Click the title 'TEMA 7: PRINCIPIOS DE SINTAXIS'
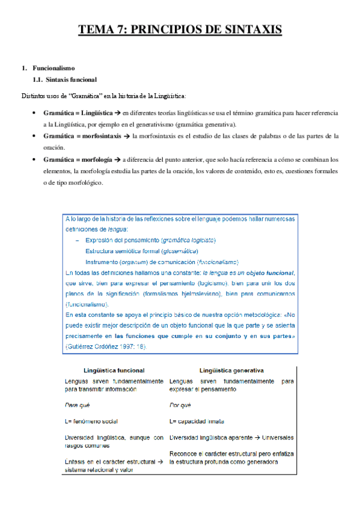180,29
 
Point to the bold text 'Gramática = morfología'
78,160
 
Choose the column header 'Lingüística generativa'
225,370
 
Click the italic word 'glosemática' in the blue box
178,251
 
